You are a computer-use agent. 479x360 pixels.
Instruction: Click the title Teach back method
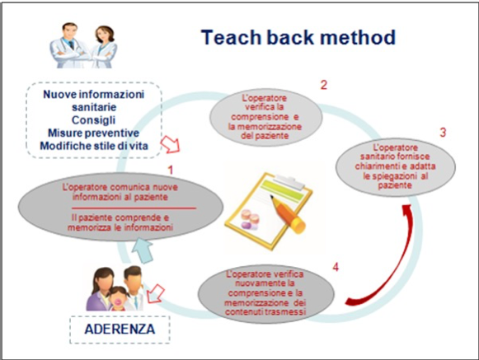pyautogui.click(x=298, y=37)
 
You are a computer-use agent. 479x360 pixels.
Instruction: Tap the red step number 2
pyautogui.click(x=324, y=85)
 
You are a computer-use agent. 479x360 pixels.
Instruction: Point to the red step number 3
pyautogui.click(x=443, y=132)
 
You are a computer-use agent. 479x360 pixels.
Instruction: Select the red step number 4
pyautogui.click(x=336, y=267)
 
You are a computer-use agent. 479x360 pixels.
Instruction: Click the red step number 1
pyautogui.click(x=171, y=170)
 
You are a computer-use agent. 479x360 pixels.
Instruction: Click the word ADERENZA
pyautogui.click(x=120, y=330)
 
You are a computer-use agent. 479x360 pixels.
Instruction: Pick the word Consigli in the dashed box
pyautogui.click(x=93, y=120)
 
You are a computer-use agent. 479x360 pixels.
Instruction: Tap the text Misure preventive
pyautogui.click(x=93, y=133)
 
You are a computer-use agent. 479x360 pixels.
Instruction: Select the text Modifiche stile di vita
pyautogui.click(x=94, y=146)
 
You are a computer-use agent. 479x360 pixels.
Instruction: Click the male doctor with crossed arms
pyautogui.click(x=69, y=46)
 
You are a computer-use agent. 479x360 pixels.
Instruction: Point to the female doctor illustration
pyautogui.click(x=104, y=47)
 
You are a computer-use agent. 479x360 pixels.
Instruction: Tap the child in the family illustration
pyautogui.click(x=118, y=298)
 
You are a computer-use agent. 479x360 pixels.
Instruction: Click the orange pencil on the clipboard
pyautogui.click(x=287, y=213)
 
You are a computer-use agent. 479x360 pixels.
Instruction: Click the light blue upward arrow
pyautogui.click(x=142, y=250)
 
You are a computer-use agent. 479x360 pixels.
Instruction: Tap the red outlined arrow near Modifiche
pyautogui.click(x=171, y=144)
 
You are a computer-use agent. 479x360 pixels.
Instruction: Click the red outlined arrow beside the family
pyautogui.click(x=155, y=293)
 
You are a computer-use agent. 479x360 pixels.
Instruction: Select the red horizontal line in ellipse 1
pyautogui.click(x=134, y=208)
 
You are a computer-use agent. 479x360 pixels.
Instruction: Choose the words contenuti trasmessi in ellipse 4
pyautogui.click(x=265, y=312)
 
